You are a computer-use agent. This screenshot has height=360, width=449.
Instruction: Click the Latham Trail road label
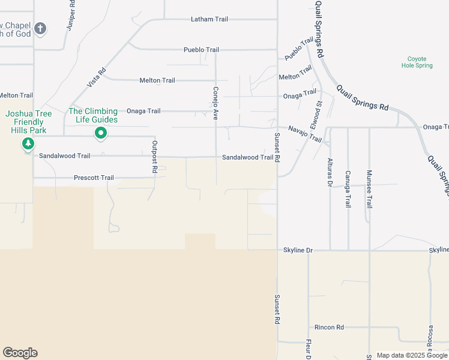[209, 19]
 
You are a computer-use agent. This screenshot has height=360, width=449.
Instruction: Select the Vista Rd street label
[97, 78]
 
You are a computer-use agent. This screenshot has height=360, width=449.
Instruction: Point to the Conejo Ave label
[215, 103]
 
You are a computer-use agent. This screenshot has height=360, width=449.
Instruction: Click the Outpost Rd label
[154, 157]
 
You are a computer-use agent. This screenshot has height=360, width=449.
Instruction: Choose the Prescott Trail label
[94, 178]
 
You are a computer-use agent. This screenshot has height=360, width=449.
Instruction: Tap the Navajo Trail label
[305, 133]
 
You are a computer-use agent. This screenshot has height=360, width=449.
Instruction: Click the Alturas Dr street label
[330, 173]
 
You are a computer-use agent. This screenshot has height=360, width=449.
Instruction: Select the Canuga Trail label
[348, 189]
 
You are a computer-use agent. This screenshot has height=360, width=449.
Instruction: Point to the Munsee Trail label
[369, 189]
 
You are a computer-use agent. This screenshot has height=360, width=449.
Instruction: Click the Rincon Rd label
[329, 328]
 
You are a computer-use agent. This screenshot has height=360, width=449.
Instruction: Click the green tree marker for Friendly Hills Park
[28, 144]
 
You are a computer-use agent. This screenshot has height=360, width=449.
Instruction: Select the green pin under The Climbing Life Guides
[101, 133]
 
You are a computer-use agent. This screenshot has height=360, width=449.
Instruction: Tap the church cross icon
[40, 28]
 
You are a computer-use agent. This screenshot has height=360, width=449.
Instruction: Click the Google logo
[20, 353]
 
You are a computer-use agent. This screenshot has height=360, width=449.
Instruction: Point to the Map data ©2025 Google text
[412, 355]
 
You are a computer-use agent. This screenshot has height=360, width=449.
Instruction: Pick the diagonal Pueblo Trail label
[299, 49]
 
